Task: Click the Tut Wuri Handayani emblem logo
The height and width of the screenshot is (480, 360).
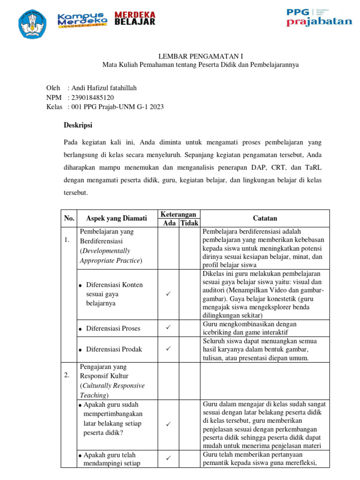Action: [33, 24]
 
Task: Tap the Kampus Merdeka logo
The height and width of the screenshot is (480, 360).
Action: [82, 20]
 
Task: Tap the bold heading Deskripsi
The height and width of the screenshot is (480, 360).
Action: [78, 125]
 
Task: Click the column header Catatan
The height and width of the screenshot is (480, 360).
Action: [265, 218]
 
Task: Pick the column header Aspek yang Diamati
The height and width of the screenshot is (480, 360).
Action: [117, 218]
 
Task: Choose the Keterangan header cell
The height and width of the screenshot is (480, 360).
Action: [178, 214]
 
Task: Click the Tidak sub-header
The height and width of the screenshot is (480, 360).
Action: [190, 223]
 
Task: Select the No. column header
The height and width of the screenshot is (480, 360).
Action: [69, 218]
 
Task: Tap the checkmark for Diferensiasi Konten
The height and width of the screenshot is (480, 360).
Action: [168, 294]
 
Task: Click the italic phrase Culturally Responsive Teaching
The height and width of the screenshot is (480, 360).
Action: [112, 390]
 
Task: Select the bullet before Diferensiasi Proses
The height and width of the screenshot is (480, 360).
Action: [81, 329]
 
